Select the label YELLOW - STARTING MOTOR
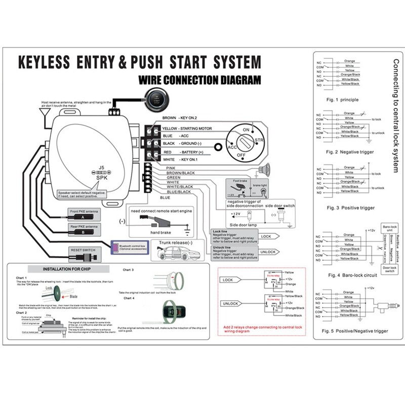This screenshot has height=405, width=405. (x=187, y=129)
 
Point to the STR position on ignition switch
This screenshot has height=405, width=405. (x=259, y=140)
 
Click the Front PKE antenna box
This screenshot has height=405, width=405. (x=85, y=213)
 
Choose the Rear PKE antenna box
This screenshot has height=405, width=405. (x=85, y=230)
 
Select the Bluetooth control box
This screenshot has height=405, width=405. (x=129, y=247)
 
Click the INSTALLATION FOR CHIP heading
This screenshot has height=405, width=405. (x=63, y=269)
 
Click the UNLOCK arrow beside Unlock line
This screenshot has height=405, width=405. (x=268, y=252)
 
